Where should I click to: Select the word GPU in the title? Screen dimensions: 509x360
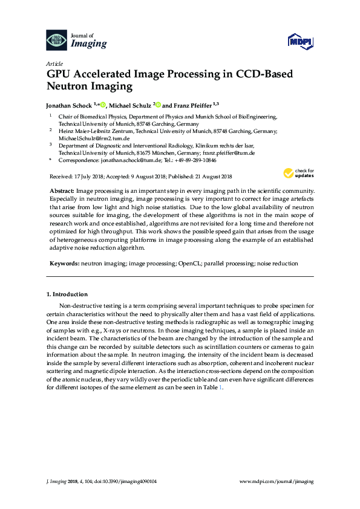61,74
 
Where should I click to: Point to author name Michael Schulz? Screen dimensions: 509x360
130,105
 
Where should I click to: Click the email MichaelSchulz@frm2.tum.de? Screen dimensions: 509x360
88,138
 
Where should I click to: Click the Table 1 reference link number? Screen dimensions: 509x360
221,387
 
